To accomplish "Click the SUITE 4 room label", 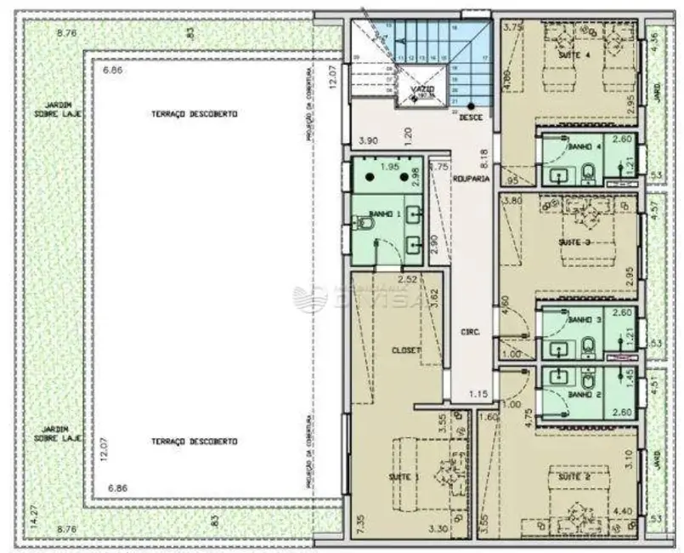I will (x=571, y=54).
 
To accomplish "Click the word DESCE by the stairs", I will (x=471, y=117).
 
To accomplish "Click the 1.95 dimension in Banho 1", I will (x=389, y=168).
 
